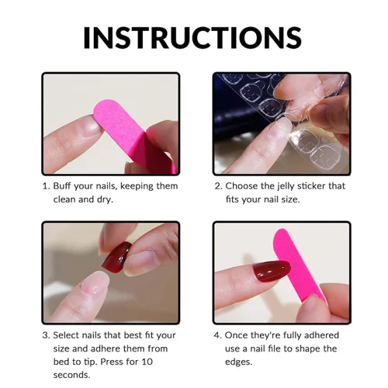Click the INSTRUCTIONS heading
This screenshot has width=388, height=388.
(x=192, y=37)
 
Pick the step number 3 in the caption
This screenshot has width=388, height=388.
(x=46, y=335)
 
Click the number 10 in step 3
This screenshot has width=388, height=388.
(x=147, y=362)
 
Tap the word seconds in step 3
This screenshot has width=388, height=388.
(x=71, y=375)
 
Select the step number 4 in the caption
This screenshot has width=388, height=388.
(x=217, y=335)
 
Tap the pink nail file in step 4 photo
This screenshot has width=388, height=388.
(x=300, y=265)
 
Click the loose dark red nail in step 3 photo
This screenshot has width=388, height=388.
(x=116, y=257)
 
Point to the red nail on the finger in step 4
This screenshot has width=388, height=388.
(x=271, y=270)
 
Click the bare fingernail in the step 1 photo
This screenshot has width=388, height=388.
(x=92, y=126)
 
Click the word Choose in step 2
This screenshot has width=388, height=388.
(x=241, y=186)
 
